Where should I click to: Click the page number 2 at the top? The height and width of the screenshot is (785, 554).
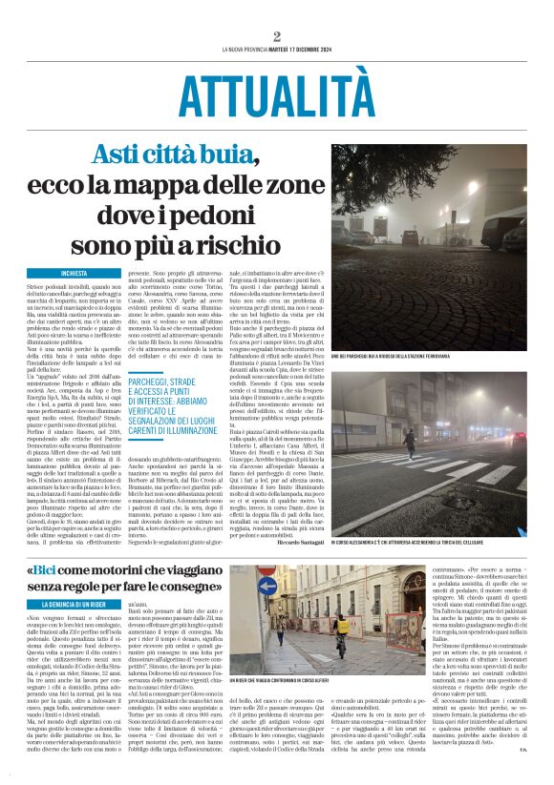(x=277, y=37)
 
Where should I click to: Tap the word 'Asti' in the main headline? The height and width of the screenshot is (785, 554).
(x=122, y=156)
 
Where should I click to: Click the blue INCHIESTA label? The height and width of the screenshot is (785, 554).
(x=75, y=274)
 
